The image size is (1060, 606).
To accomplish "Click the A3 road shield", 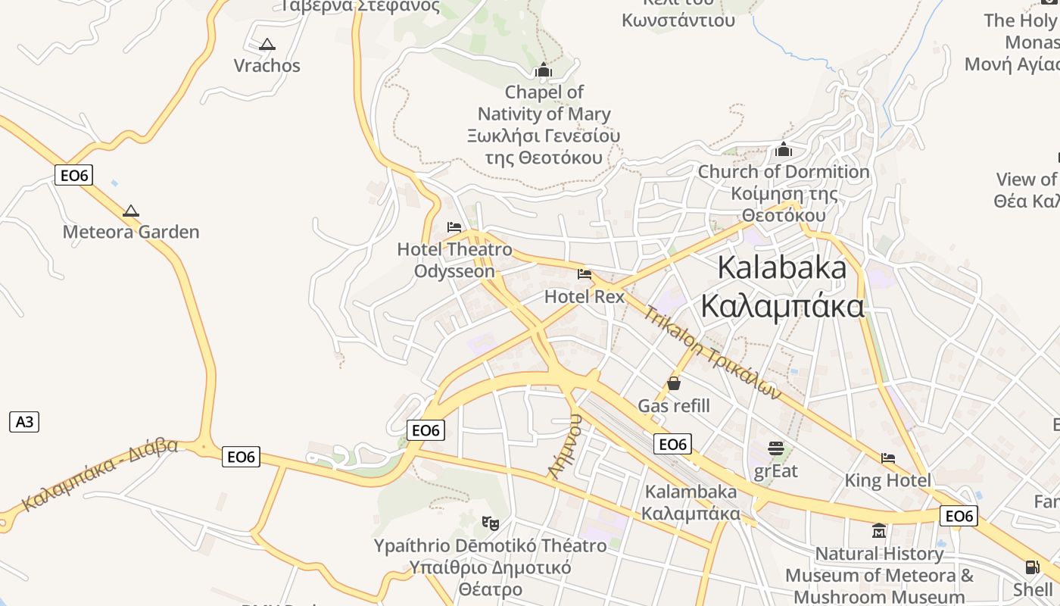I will (24, 422).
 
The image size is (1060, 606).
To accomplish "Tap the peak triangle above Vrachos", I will (267, 45).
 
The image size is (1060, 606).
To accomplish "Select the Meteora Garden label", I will (131, 232).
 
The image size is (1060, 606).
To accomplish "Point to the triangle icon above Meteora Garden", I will (131, 211).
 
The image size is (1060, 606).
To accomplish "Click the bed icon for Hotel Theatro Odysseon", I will (454, 226).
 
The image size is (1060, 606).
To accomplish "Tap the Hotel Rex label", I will (585, 296).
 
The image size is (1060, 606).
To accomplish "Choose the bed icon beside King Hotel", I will (888, 458).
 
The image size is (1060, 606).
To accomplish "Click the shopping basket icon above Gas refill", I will (674, 383).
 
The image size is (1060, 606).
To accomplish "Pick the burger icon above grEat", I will (776, 448).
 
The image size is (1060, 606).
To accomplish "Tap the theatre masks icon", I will (491, 523).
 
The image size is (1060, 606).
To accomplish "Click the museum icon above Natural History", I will (879, 530).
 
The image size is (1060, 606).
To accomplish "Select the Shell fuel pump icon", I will (1032, 567).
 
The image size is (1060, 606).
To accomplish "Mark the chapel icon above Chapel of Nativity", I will (543, 70).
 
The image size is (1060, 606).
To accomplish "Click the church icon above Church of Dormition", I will (784, 149).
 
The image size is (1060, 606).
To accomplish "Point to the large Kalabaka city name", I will (781, 267).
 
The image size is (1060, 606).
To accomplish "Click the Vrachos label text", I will (267, 66).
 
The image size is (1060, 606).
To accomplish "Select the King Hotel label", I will (887, 480).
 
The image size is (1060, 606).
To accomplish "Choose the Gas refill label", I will (674, 406).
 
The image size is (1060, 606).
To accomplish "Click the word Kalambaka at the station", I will (691, 492).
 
